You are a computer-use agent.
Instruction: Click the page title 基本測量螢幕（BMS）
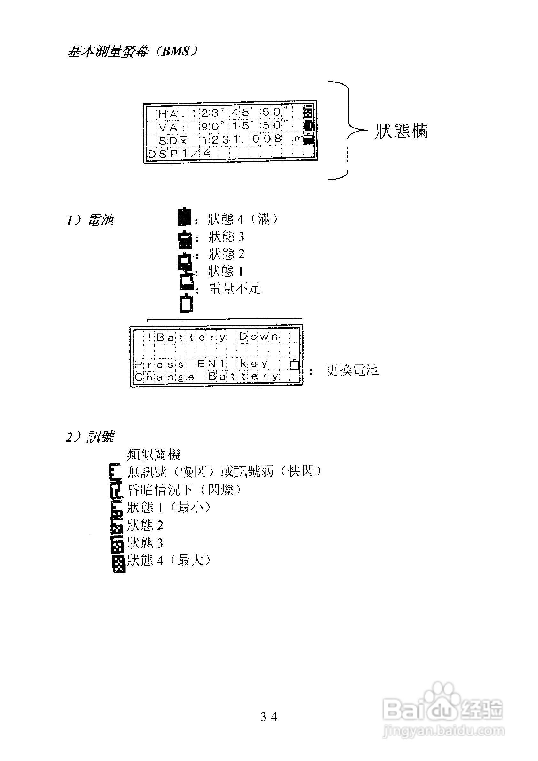[133, 51]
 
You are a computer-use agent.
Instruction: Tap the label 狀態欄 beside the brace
[402, 131]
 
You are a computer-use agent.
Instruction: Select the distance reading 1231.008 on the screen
[242, 139]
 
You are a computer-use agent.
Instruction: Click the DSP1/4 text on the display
[179, 153]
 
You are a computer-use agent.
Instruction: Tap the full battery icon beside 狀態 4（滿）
[185, 217]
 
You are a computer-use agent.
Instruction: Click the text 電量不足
[235, 289]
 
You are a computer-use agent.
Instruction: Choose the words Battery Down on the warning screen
[217, 337]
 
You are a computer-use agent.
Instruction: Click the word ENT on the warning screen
[212, 364]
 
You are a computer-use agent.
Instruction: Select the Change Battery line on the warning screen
[207, 377]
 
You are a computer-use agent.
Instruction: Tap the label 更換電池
[352, 370]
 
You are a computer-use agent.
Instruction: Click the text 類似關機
[154, 454]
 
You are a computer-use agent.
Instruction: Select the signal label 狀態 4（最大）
[169, 560]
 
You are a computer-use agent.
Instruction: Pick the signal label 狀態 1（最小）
[169, 507]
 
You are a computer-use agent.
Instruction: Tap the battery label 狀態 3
[227, 237]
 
